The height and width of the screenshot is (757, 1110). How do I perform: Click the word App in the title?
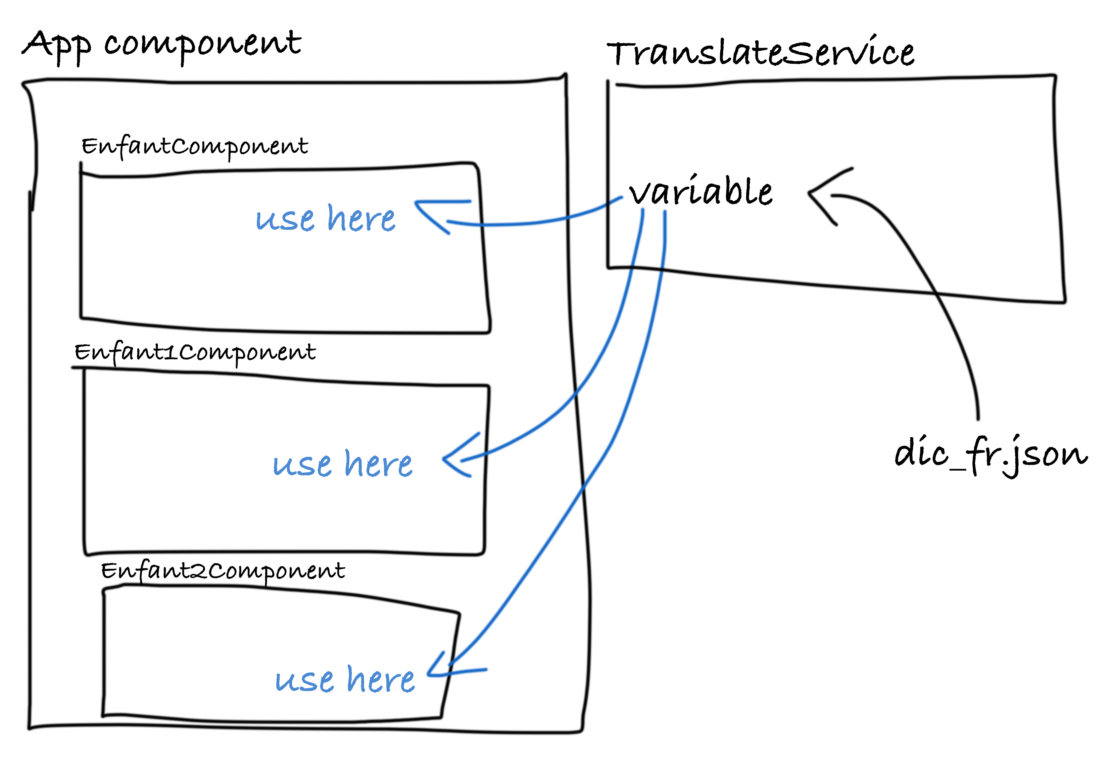click(56, 46)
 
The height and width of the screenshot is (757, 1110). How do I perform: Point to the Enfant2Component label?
click(223, 571)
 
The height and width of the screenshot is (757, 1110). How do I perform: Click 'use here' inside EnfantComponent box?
click(325, 219)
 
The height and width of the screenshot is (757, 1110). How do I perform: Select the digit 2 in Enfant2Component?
click(198, 571)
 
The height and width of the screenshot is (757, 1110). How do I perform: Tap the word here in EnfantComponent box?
click(361, 219)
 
